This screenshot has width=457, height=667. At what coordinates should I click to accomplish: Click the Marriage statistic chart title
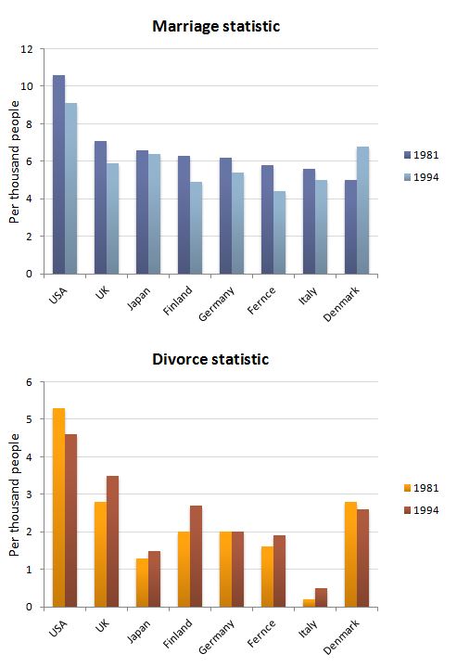(216, 27)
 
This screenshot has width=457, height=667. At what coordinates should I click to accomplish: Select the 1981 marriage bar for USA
(58, 174)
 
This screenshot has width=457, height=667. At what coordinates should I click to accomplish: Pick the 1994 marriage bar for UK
(112, 218)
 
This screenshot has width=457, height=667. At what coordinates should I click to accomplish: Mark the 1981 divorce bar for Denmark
(350, 554)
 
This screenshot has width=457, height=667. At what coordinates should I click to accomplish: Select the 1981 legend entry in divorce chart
(421, 487)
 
